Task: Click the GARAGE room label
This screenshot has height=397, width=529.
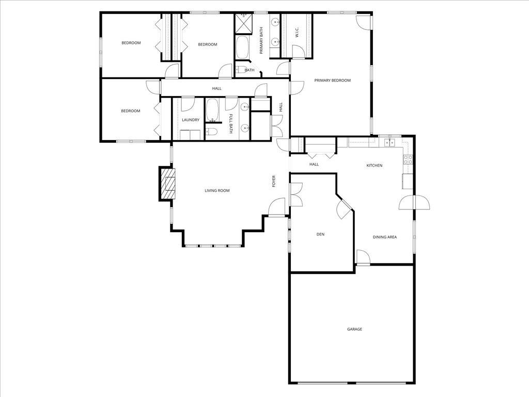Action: [x=354, y=329]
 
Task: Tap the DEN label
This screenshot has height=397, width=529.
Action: [x=320, y=234]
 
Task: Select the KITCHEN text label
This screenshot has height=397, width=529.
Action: [x=375, y=165]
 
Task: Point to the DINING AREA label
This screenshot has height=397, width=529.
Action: [x=385, y=237]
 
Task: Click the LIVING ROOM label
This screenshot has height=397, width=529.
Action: [x=217, y=191]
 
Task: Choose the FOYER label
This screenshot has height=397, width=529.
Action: [x=274, y=181]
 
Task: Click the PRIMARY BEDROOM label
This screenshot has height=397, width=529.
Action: [x=333, y=80]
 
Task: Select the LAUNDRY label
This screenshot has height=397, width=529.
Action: [x=191, y=120]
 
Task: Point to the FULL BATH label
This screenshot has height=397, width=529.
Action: [x=231, y=124]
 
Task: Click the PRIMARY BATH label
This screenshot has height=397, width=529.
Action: [x=261, y=40]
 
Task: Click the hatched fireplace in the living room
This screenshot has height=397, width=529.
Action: [x=167, y=184]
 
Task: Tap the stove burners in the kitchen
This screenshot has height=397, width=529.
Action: [x=408, y=159]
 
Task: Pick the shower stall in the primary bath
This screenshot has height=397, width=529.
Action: [x=242, y=23]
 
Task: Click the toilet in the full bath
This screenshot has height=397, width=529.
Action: [x=211, y=132]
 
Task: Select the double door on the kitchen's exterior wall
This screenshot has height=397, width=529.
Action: [x=414, y=202]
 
